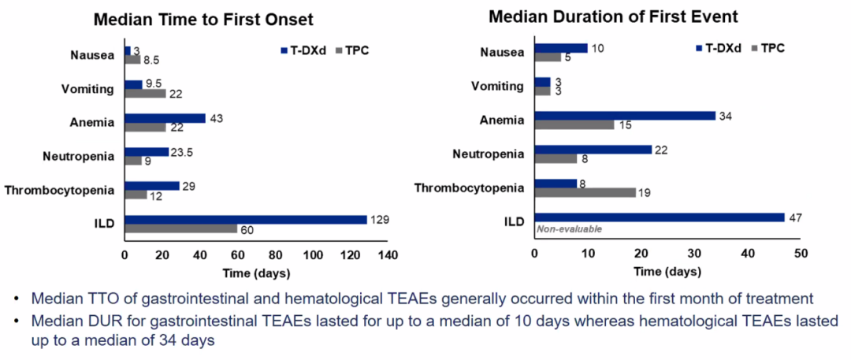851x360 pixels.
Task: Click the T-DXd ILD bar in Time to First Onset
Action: coord(246,220)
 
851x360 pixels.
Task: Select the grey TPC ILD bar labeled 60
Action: coord(180,229)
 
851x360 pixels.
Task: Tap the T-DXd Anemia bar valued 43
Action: coord(165,118)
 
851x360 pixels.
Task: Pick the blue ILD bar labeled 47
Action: coord(660,217)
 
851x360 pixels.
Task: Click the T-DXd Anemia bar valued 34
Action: coord(625,116)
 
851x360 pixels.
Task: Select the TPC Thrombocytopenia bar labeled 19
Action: coord(585,191)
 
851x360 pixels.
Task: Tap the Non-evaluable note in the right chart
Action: coord(569,229)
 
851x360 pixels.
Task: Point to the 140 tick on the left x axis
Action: coord(386,255)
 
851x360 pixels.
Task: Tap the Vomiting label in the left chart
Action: coord(89,88)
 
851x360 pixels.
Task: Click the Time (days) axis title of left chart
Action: coord(256,273)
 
